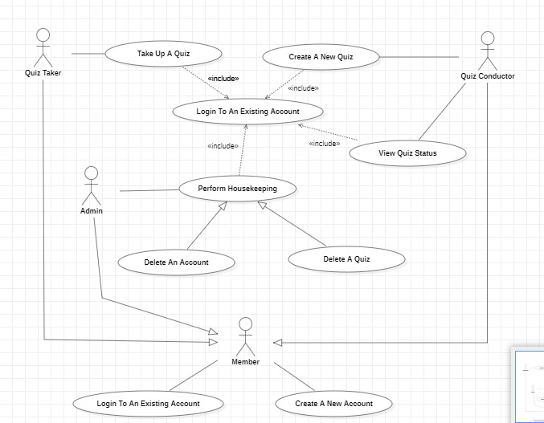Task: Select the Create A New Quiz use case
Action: point(321,57)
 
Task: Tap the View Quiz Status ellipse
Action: point(409,153)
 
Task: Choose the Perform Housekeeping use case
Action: point(237,189)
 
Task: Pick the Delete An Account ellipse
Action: point(176,262)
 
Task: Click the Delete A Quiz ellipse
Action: point(347,258)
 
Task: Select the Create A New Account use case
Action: point(333,403)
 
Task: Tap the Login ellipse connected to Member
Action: point(148,403)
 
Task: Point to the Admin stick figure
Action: point(91,185)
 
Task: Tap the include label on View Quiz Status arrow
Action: point(324,144)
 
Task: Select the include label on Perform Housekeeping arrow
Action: point(223,146)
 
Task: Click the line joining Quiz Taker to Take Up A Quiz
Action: point(88,54)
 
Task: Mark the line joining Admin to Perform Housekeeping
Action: point(148,190)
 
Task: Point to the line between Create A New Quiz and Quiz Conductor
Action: point(419,57)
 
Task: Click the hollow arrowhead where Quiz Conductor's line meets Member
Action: point(278,343)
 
